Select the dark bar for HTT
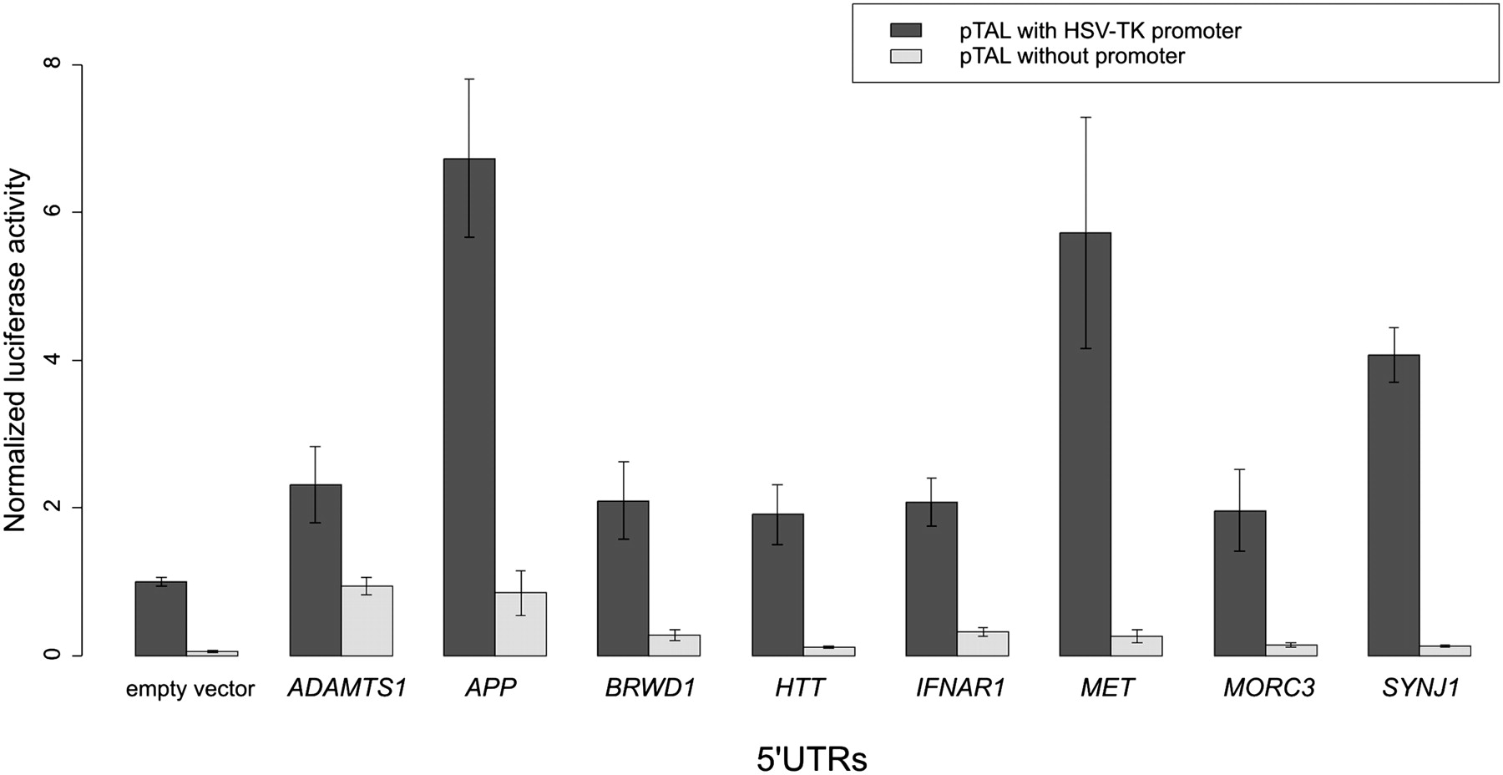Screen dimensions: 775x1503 coord(777,585)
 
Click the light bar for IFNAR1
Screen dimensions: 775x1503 coord(983,643)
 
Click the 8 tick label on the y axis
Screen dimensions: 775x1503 coord(53,65)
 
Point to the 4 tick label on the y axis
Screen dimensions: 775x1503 coord(53,360)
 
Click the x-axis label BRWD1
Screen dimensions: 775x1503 coord(650,688)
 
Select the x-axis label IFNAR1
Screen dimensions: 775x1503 coord(960,688)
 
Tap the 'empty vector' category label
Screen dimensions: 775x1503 coord(190,689)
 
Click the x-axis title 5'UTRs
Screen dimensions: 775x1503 coord(812,759)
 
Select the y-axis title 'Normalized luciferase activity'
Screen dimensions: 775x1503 coord(16,351)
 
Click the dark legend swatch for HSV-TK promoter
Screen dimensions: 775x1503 coord(906,31)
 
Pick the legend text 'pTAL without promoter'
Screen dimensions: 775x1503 coord(1072,56)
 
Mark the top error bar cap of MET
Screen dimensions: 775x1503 coord(1085,117)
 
